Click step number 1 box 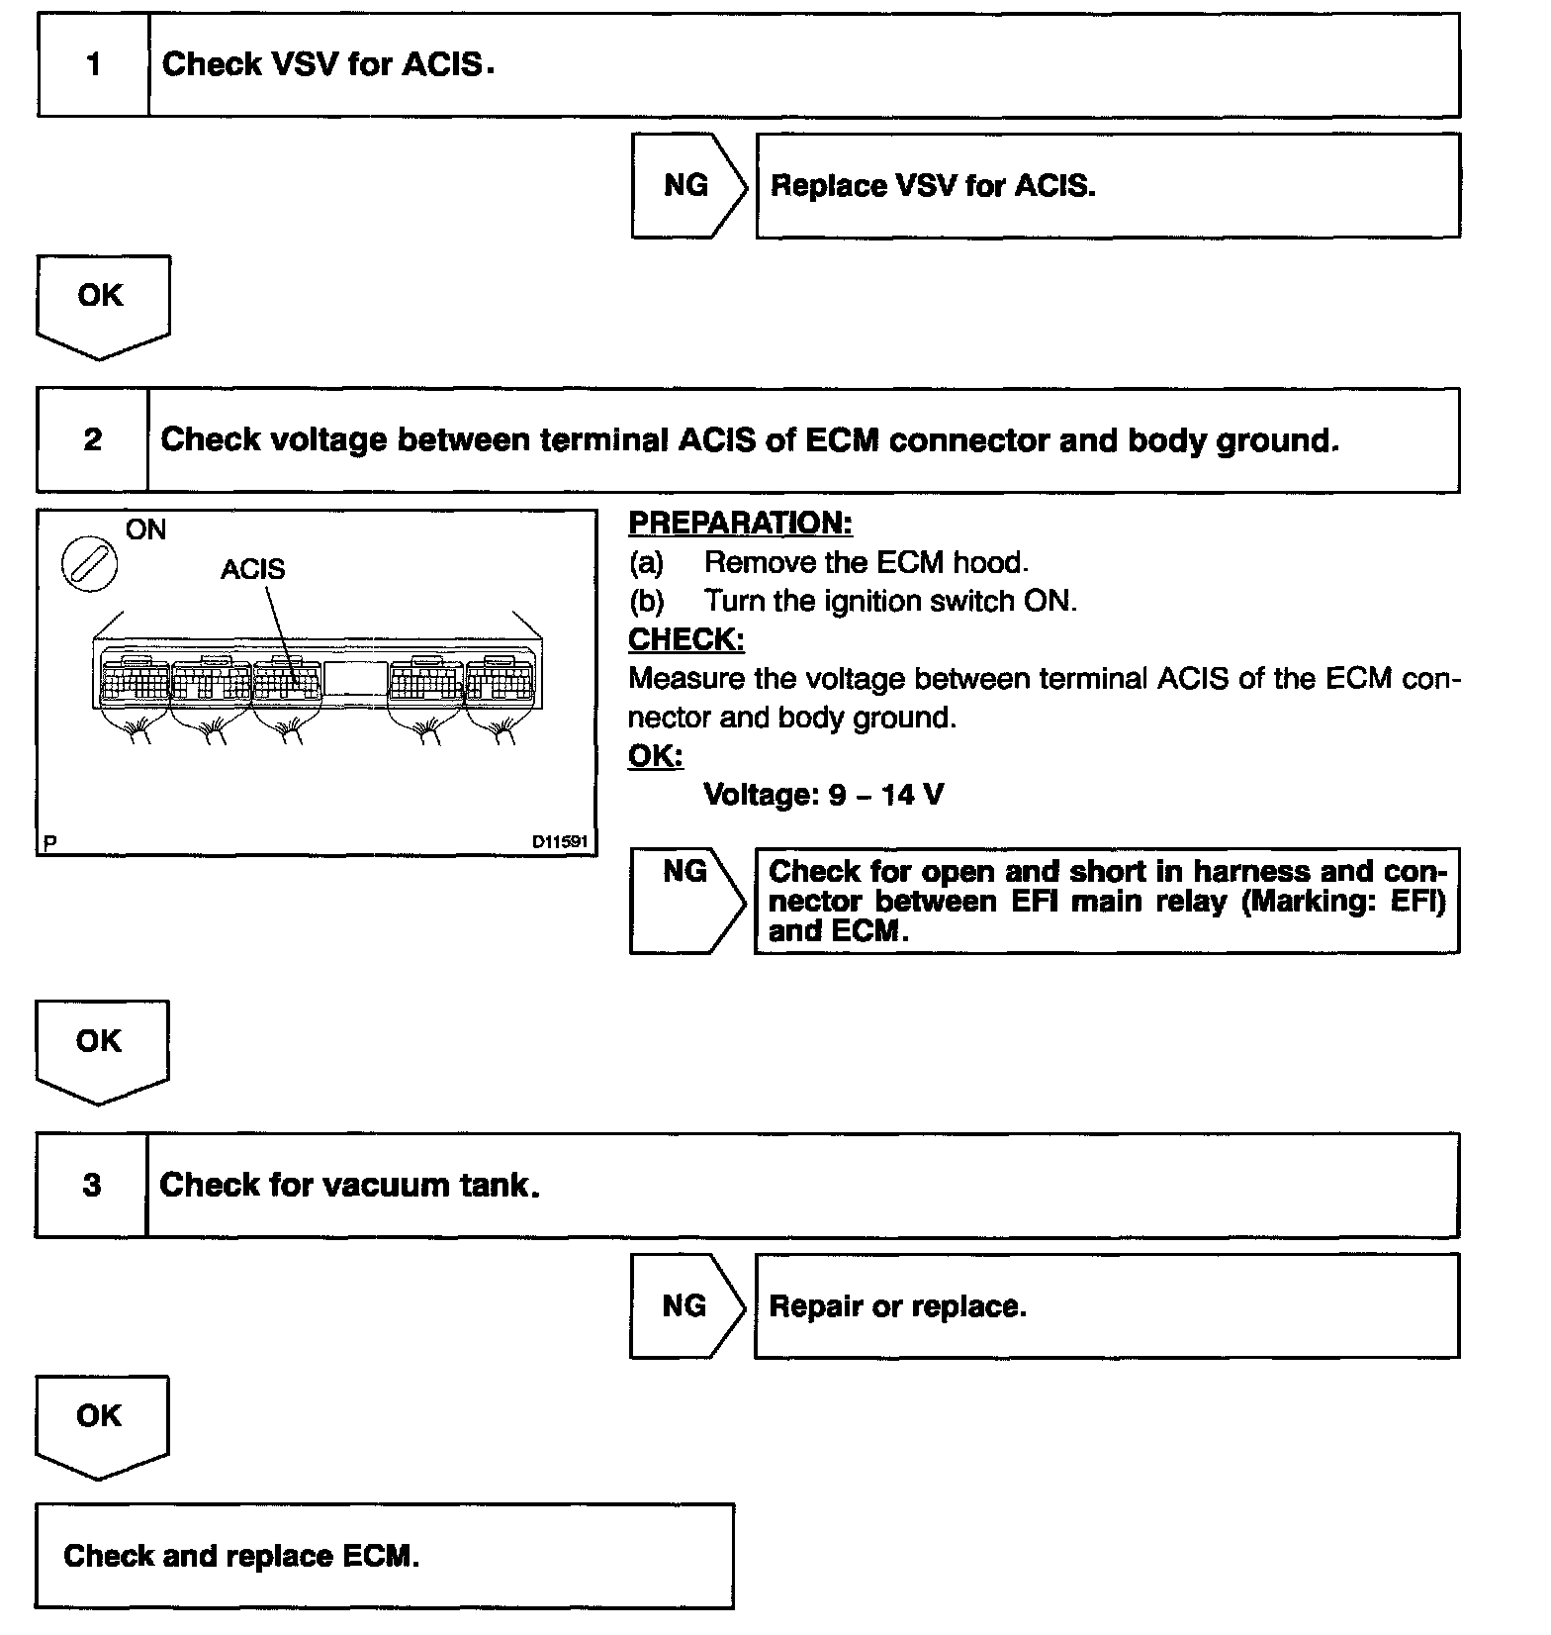pyautogui.click(x=94, y=65)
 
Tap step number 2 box pyautogui.click(x=93, y=440)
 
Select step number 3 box pyautogui.click(x=92, y=1186)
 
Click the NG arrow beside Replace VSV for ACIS pyautogui.click(x=688, y=186)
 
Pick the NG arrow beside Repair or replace pyautogui.click(x=686, y=1306)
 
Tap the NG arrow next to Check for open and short pyautogui.click(x=686, y=900)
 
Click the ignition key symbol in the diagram pyautogui.click(x=89, y=565)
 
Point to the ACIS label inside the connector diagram pyautogui.click(x=252, y=569)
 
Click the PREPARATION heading pyautogui.click(x=740, y=523)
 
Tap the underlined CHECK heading pyautogui.click(x=686, y=639)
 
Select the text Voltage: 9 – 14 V pyautogui.click(x=823, y=795)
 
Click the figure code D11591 pyautogui.click(x=560, y=842)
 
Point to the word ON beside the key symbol pyautogui.click(x=145, y=530)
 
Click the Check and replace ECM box pyautogui.click(x=384, y=1556)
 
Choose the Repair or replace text pyautogui.click(x=897, y=1306)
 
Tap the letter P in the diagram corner pyautogui.click(x=50, y=843)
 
